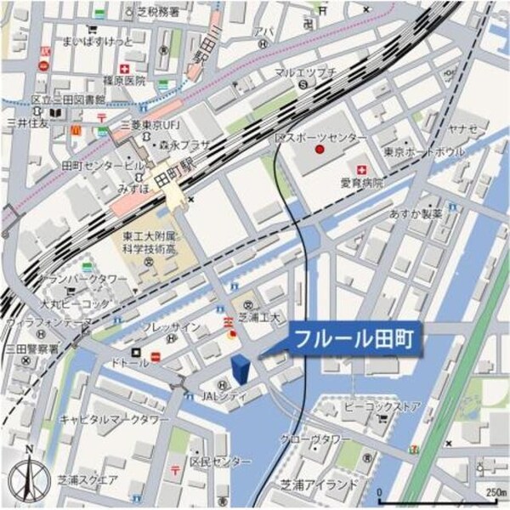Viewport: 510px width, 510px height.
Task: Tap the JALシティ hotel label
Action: (224, 397)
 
